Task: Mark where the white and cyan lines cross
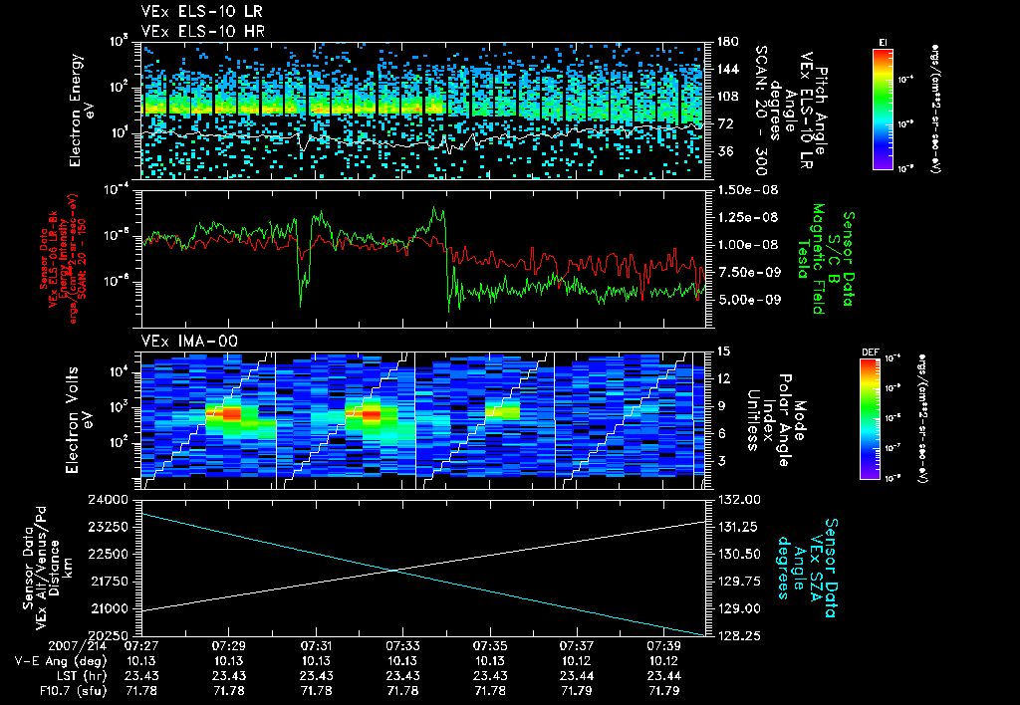coord(397,570)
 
